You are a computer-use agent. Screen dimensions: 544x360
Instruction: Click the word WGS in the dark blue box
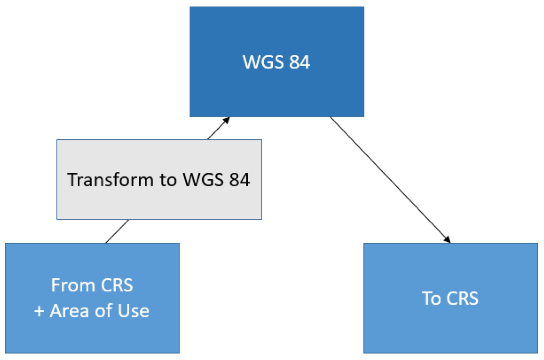coord(264,62)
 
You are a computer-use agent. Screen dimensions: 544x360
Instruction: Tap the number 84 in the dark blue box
coord(300,62)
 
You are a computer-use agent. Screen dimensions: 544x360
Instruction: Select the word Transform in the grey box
coord(110,180)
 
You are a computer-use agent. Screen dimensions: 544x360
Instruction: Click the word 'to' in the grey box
coord(168,180)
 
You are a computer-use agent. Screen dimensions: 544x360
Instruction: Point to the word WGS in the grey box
coord(203,180)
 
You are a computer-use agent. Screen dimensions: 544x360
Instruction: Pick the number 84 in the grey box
coord(239,180)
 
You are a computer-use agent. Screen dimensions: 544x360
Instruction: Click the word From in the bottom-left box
coord(73,285)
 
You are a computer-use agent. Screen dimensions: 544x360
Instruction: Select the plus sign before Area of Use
coord(39,311)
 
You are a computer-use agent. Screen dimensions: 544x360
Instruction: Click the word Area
coord(70,311)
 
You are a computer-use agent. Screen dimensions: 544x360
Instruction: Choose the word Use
coord(133,311)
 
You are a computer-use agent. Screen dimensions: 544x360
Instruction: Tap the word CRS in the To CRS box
coord(462,298)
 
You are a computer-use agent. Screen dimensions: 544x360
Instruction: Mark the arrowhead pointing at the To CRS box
coord(447,240)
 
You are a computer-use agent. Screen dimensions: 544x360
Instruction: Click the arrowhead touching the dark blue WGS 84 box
coord(226,120)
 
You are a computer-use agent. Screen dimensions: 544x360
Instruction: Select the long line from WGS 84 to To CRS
coord(390,180)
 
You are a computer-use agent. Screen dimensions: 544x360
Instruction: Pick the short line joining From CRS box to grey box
coord(117,231)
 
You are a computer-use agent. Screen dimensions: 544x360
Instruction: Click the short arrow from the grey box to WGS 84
coord(218,128)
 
